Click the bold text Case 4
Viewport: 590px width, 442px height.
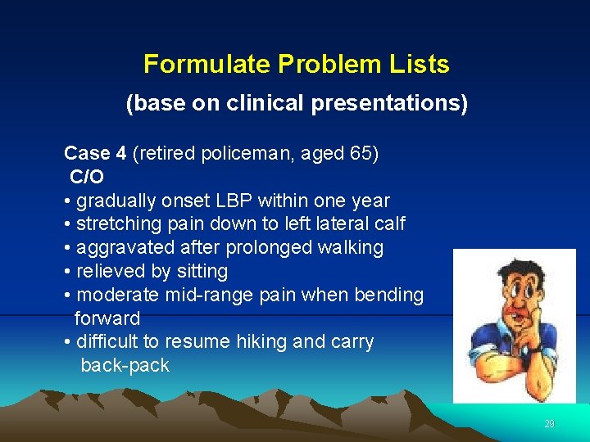click(x=95, y=153)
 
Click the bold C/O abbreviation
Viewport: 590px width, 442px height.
click(x=87, y=177)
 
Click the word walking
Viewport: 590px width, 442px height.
click(x=352, y=247)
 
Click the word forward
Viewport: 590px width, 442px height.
click(x=107, y=318)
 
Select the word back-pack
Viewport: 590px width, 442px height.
click(x=125, y=365)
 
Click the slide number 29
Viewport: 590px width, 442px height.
click(x=549, y=424)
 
